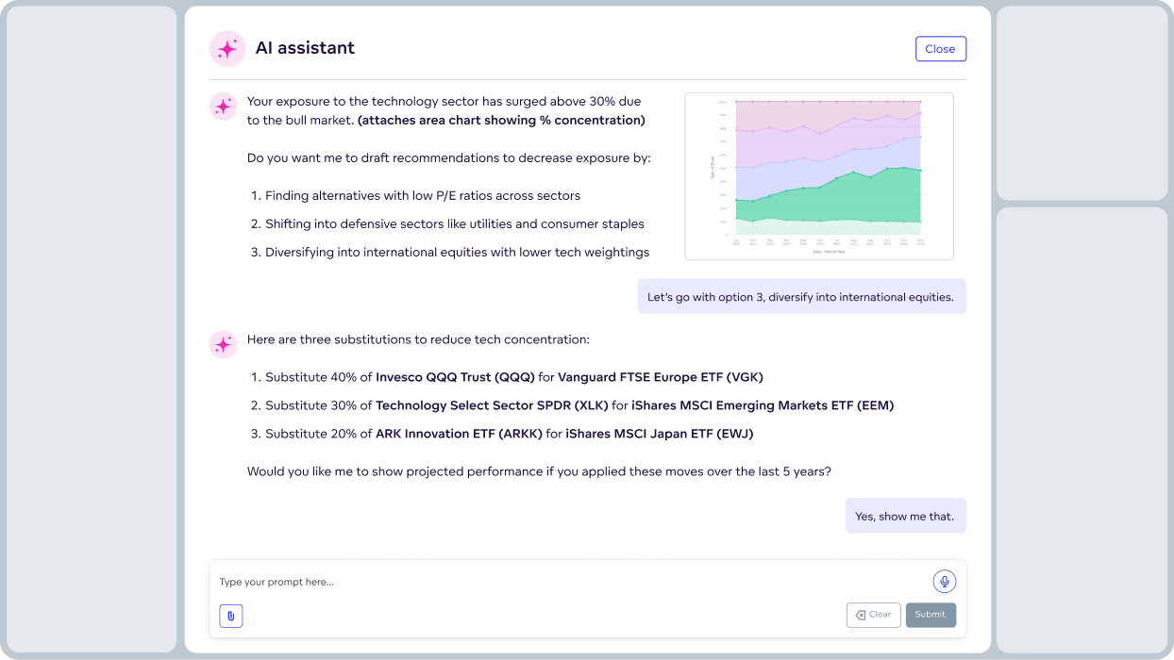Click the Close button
(x=940, y=49)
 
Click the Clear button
(x=873, y=615)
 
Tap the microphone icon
(x=944, y=582)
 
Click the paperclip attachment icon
(x=231, y=616)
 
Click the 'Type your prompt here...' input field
(x=566, y=582)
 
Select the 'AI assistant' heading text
(x=305, y=48)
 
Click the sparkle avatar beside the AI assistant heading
(x=226, y=49)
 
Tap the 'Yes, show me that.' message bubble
(x=905, y=516)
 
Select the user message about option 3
(x=801, y=296)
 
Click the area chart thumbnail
(x=818, y=176)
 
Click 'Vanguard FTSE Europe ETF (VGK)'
(x=660, y=377)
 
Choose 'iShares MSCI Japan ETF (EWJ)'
(x=659, y=434)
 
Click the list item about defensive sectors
(x=454, y=224)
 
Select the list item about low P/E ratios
(x=422, y=196)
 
